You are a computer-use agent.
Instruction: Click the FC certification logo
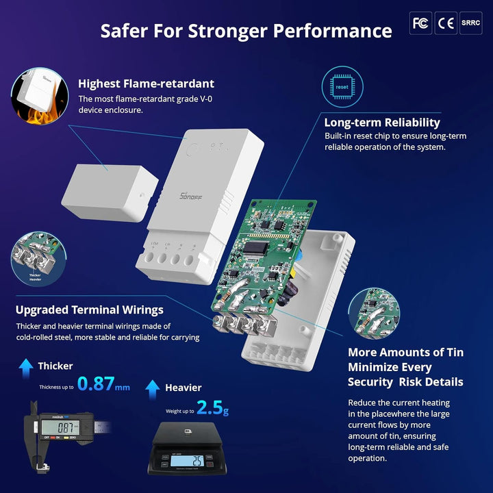point(420,23)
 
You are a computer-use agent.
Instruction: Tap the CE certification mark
point(446,23)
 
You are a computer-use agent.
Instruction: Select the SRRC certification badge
point(470,23)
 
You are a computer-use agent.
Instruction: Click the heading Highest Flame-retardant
point(146,84)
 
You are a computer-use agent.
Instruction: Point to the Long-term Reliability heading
point(382,123)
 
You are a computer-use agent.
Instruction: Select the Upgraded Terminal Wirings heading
point(90,310)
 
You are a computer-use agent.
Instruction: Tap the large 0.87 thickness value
point(95,384)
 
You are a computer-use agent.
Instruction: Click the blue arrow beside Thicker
point(26,368)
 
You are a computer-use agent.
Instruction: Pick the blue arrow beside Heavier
point(153,389)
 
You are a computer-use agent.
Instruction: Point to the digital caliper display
point(59,425)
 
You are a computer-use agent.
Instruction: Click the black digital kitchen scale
point(187,448)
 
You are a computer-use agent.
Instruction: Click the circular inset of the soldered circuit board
point(374,315)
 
